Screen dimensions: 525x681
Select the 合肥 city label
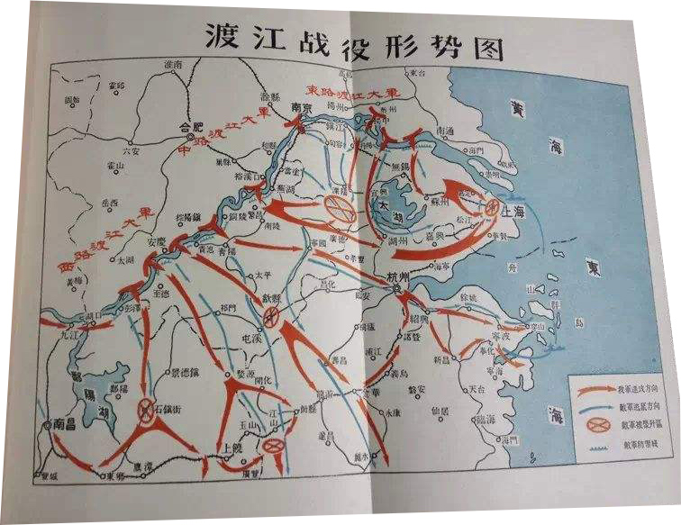(192, 126)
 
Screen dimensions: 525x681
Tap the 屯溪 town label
(264, 330)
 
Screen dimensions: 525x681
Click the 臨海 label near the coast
(486, 418)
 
